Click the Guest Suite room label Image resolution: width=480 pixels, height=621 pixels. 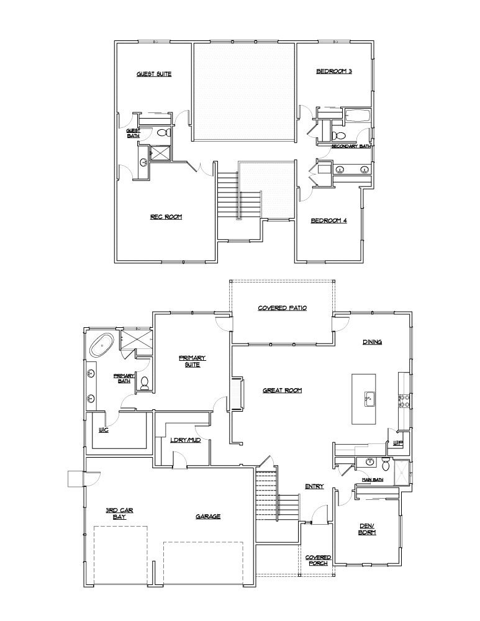point(154,74)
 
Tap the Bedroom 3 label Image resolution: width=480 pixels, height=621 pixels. point(334,71)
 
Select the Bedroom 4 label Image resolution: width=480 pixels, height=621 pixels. point(328,220)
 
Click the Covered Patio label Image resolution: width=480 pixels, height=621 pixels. point(283,308)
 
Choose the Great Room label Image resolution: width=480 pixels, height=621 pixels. point(282,390)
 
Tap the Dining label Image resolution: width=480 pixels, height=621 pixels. point(372,342)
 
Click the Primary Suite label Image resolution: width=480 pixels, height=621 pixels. point(192,361)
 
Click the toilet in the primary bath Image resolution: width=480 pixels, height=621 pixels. point(144,384)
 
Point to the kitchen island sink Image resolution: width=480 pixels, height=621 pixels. point(369,397)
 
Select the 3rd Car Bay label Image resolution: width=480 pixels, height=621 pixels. point(119,513)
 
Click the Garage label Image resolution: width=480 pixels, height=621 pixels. point(207,516)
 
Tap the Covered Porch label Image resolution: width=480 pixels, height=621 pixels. point(319,560)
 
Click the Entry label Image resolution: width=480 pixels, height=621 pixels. point(314,486)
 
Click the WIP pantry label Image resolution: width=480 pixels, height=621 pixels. point(398,443)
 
